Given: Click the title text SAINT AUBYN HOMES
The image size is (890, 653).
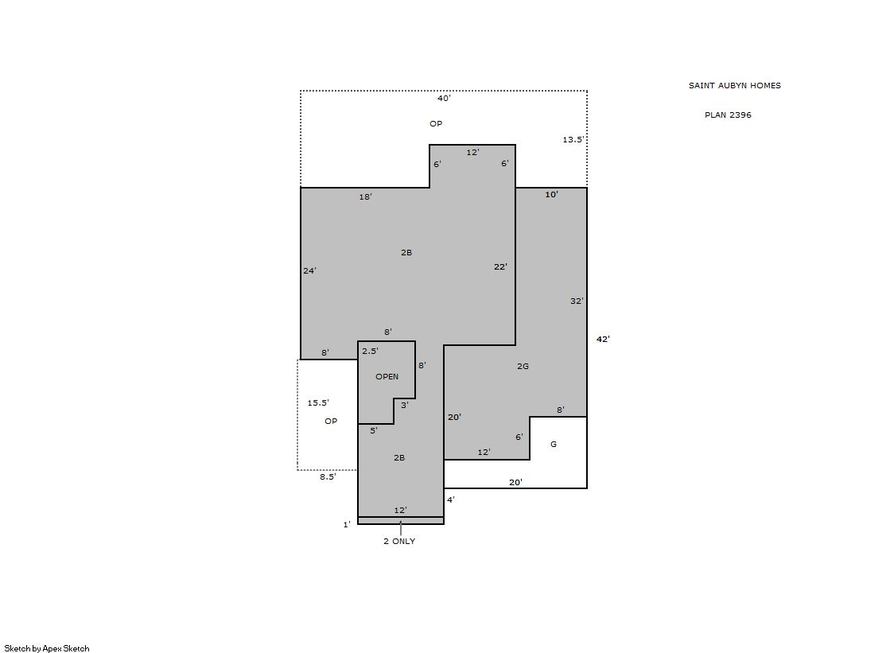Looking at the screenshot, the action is point(734,86).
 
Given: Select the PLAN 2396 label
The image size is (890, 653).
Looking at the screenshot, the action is point(728,115).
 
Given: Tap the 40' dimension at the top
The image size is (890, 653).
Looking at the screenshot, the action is point(444,99).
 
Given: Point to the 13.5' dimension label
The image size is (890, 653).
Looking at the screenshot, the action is point(573,139).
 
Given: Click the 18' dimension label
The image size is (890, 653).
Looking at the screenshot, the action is point(366,197).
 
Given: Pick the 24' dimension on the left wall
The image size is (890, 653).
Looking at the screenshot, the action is point(309,271).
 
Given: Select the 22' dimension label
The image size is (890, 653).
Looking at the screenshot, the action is point(500,267).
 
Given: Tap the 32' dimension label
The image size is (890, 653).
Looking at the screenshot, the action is point(577,301).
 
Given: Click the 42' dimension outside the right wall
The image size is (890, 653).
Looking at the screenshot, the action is point(603,339).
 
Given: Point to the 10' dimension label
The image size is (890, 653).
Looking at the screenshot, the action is point(552,195).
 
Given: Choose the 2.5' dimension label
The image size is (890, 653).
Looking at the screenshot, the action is point(370,351).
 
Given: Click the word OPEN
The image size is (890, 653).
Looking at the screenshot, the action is point(387,376).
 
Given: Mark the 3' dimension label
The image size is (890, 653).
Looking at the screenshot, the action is point(405,405).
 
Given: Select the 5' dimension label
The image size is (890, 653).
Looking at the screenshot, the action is point(374,430).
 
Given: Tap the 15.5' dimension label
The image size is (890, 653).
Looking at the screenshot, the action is point(318,402).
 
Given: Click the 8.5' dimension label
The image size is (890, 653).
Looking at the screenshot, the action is point(328,477).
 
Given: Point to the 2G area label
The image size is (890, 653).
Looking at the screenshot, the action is point(523,366).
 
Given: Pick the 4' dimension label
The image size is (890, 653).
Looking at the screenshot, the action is point(451,499).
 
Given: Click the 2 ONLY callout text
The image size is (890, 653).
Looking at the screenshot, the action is point(399,541).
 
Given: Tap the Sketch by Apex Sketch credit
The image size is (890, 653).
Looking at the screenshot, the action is point(47,648).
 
